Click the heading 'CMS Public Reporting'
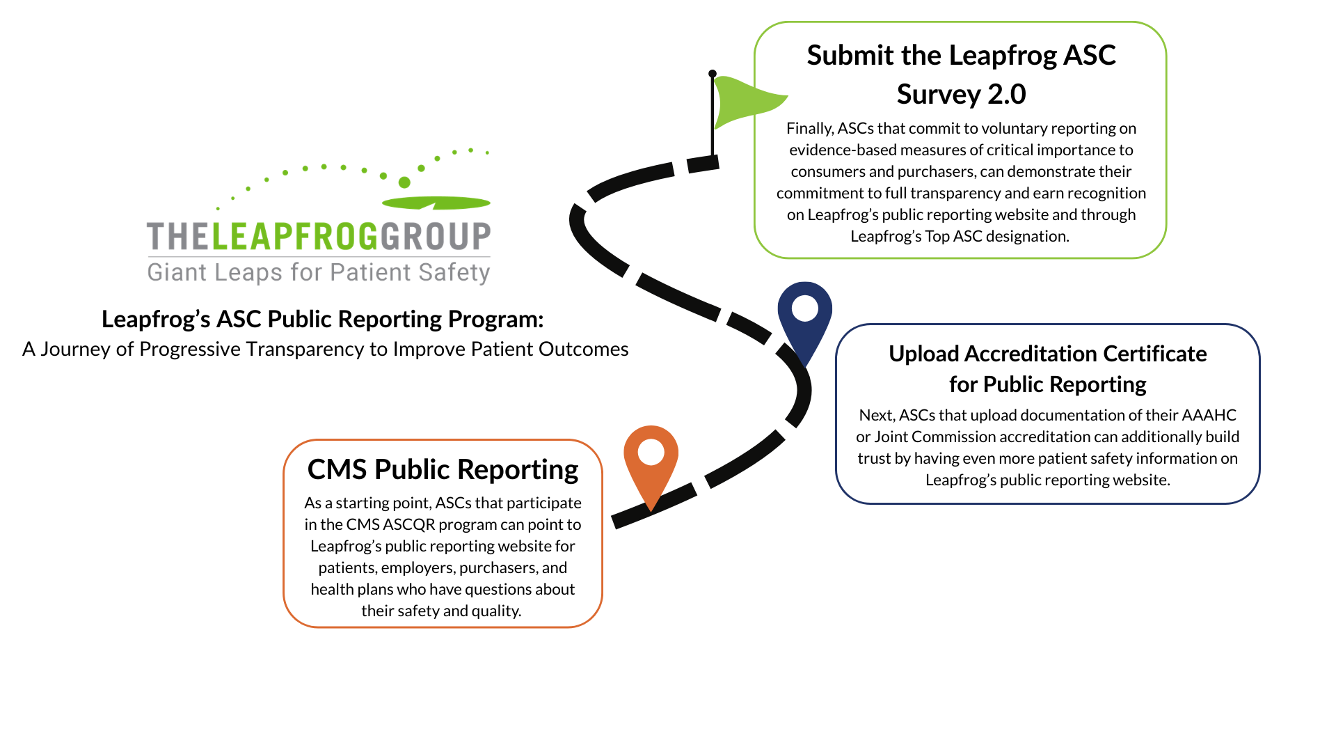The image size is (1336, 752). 443,470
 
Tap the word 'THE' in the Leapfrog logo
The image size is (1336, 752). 178,237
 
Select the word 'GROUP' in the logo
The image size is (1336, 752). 436,237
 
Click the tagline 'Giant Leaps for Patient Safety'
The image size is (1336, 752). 319,272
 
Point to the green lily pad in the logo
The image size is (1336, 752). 436,203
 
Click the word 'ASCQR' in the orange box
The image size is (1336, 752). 409,524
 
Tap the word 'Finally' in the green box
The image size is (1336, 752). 809,129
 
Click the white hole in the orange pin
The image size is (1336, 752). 651,452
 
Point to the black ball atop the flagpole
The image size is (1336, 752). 713,73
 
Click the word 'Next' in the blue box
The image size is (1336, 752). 875,415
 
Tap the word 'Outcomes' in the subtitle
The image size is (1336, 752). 584,349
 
